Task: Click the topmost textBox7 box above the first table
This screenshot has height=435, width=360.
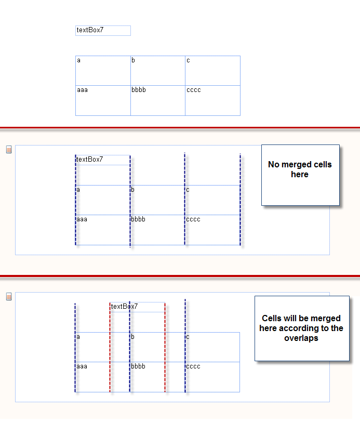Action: tap(103, 31)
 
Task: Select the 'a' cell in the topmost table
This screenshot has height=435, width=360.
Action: tap(103, 71)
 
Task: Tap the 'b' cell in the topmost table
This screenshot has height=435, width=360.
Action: tap(158, 71)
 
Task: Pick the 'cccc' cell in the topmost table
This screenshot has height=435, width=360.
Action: tap(213, 100)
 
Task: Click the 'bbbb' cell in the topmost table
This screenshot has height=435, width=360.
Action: tap(158, 100)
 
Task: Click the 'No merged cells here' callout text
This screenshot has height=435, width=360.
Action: tap(300, 169)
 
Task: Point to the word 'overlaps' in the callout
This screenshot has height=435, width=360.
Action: tap(301, 338)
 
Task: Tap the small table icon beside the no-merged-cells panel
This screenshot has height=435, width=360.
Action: tap(9, 150)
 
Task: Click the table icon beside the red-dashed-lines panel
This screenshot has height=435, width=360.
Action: tap(9, 297)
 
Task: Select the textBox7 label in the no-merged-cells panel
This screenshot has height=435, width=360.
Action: tap(89, 159)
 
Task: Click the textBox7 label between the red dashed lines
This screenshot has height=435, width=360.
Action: tap(124, 306)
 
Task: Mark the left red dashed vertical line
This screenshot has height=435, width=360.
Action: tap(110, 347)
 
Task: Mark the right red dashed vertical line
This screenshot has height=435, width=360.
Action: tap(165, 347)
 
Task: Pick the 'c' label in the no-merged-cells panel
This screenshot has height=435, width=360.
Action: tap(188, 190)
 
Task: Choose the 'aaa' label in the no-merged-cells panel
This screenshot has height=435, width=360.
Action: tap(82, 219)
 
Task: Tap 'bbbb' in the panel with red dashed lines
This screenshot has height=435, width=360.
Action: tap(138, 366)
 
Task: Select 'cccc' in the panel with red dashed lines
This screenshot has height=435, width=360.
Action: tap(193, 366)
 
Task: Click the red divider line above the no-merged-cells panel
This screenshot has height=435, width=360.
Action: tap(180, 128)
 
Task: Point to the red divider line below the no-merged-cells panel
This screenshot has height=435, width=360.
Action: tap(180, 276)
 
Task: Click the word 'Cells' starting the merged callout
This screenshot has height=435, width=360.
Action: tap(272, 318)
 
